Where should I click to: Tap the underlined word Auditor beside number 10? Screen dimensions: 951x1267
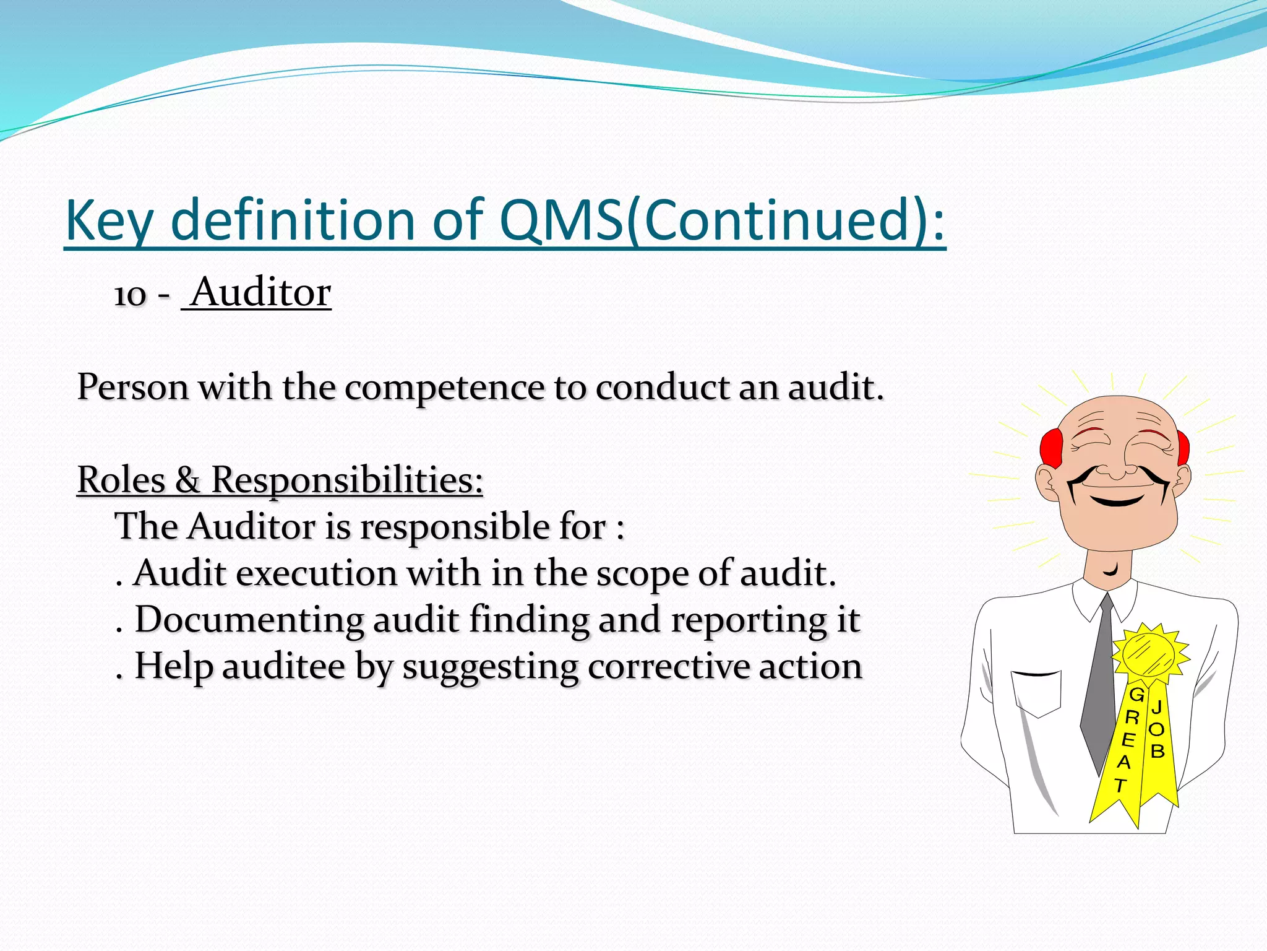click(x=260, y=292)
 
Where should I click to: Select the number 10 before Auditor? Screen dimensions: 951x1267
click(x=130, y=295)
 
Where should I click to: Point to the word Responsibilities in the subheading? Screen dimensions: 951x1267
click(x=347, y=480)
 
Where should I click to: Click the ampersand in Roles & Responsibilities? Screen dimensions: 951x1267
click(x=188, y=480)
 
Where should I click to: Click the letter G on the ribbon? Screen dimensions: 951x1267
click(x=1137, y=695)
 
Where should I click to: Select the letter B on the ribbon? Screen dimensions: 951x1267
click(x=1157, y=751)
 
